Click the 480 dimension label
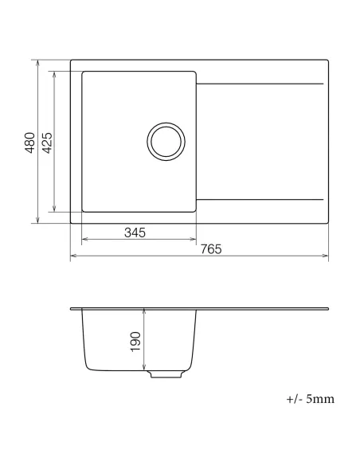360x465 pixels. [29, 142]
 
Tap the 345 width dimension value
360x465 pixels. [135, 232]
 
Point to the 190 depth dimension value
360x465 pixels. [135, 342]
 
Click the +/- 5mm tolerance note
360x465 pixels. [307, 398]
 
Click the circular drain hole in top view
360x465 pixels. [166, 142]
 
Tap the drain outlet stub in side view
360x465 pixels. [163, 373]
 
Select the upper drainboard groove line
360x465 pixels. [260, 84]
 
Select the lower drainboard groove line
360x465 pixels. [260, 199]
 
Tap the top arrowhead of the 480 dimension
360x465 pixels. [37, 62]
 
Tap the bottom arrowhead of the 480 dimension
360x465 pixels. [37, 221]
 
